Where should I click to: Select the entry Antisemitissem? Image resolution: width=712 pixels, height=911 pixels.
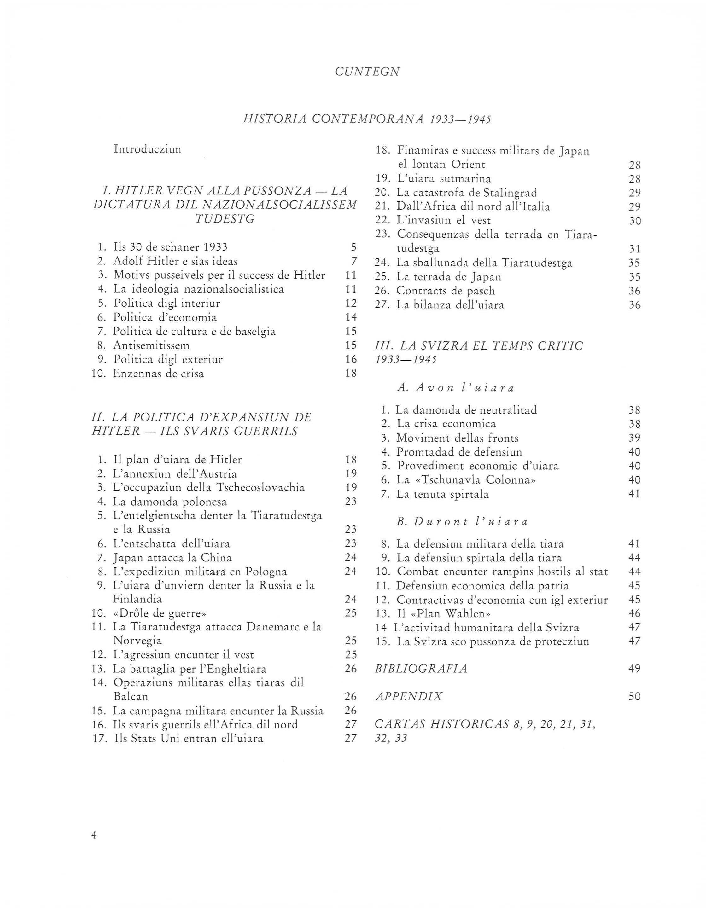coord(151,345)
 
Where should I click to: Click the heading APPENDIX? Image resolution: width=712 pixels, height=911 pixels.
coord(409,697)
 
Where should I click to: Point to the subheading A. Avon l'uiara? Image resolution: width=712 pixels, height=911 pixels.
coord(456,388)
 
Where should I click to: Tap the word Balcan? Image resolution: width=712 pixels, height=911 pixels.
coord(131,697)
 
